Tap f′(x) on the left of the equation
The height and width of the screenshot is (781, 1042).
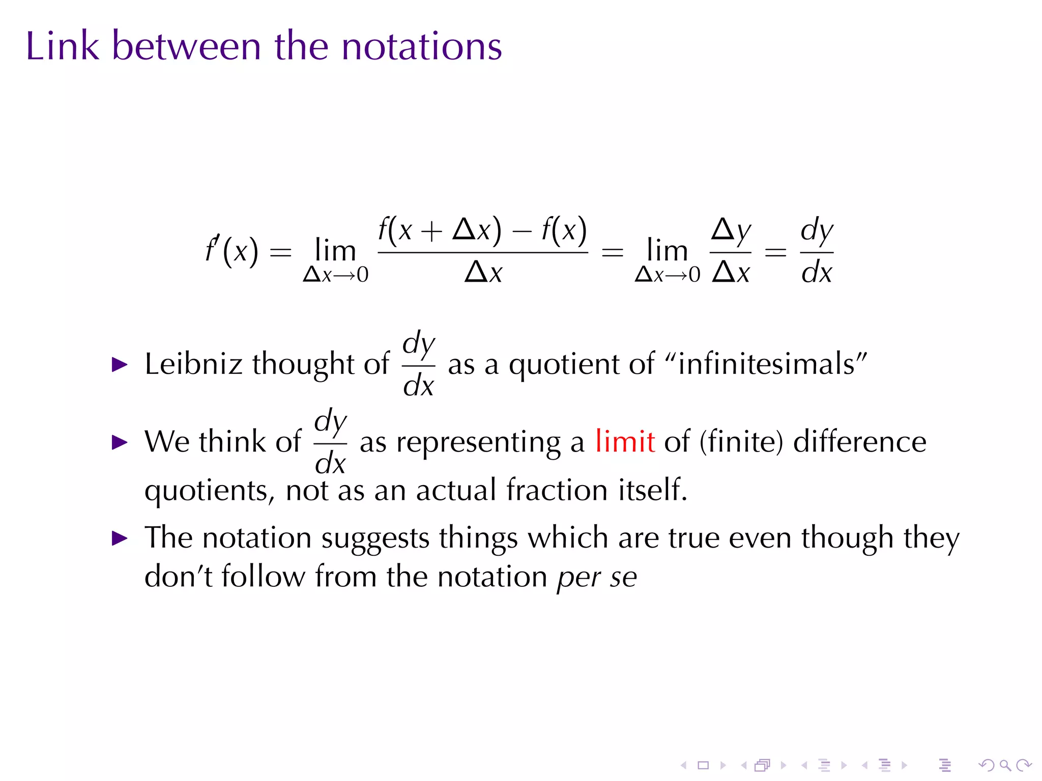231,250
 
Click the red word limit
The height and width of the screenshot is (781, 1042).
625,441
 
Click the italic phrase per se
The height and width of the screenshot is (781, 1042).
597,577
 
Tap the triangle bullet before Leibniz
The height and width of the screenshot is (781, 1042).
120,364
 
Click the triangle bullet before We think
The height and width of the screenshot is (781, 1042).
120,442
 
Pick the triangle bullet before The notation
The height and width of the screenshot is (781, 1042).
120,538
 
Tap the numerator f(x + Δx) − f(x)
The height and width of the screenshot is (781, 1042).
482,230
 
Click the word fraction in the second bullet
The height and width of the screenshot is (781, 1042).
557,490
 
